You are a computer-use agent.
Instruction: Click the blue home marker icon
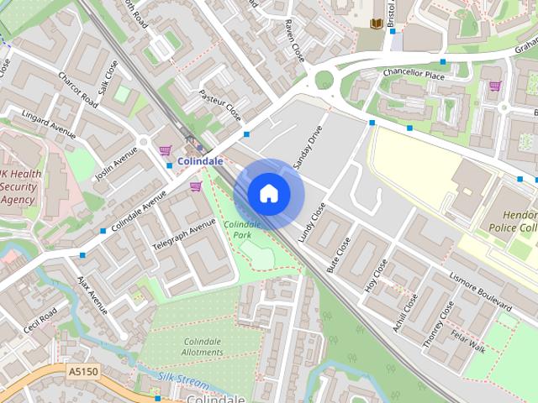tap(269, 193)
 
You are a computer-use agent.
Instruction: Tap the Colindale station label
tap(200, 160)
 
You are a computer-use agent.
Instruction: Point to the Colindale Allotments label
tap(203, 347)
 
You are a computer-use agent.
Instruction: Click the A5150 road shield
tap(83, 369)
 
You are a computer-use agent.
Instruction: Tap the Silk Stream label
tap(183, 382)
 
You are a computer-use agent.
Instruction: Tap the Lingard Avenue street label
tap(49, 124)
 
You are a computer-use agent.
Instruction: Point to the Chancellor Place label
tap(413, 74)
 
